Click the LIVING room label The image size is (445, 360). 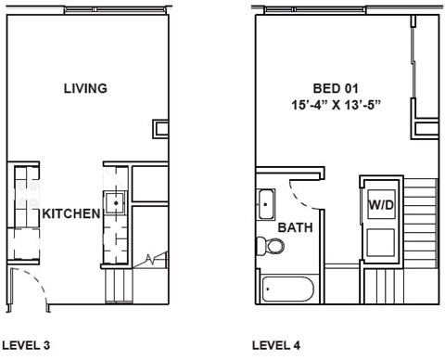[x=85, y=89]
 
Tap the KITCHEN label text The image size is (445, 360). [x=70, y=213]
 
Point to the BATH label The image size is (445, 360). [x=294, y=227]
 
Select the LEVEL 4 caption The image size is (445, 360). [x=276, y=345]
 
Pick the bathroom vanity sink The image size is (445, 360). [x=265, y=201]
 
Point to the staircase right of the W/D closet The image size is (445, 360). [x=421, y=223]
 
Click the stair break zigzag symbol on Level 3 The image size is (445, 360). [x=150, y=261]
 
